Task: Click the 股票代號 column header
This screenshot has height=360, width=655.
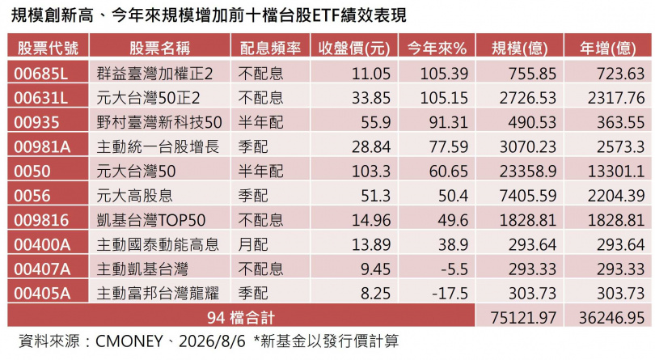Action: coord(48,49)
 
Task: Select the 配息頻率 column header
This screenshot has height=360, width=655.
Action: coord(270,49)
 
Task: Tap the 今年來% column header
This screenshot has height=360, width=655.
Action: coord(437,49)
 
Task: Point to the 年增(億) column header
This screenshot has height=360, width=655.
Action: coord(608,49)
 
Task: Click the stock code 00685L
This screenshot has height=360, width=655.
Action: coord(40,74)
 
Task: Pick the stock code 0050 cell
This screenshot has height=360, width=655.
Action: coord(32,172)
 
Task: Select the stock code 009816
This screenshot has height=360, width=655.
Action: coord(41,220)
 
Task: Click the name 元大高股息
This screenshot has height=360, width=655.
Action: coord(134,196)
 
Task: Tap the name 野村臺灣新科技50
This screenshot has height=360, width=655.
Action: coord(159,122)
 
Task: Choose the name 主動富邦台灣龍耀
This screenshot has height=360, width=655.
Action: coord(158,294)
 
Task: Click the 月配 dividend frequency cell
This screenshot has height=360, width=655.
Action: coord(253,244)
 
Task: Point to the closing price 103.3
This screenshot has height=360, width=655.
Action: coord(371,172)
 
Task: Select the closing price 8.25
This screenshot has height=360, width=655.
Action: coord(375,294)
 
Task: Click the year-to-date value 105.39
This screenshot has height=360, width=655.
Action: coord(444,74)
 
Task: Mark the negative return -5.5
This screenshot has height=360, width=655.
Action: coord(454,269)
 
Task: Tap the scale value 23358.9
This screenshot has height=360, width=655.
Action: coord(528,172)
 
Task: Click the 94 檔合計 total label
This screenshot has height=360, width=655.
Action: coord(241,318)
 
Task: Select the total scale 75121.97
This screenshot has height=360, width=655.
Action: coord(523,318)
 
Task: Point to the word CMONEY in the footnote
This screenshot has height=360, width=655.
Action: coord(129,341)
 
